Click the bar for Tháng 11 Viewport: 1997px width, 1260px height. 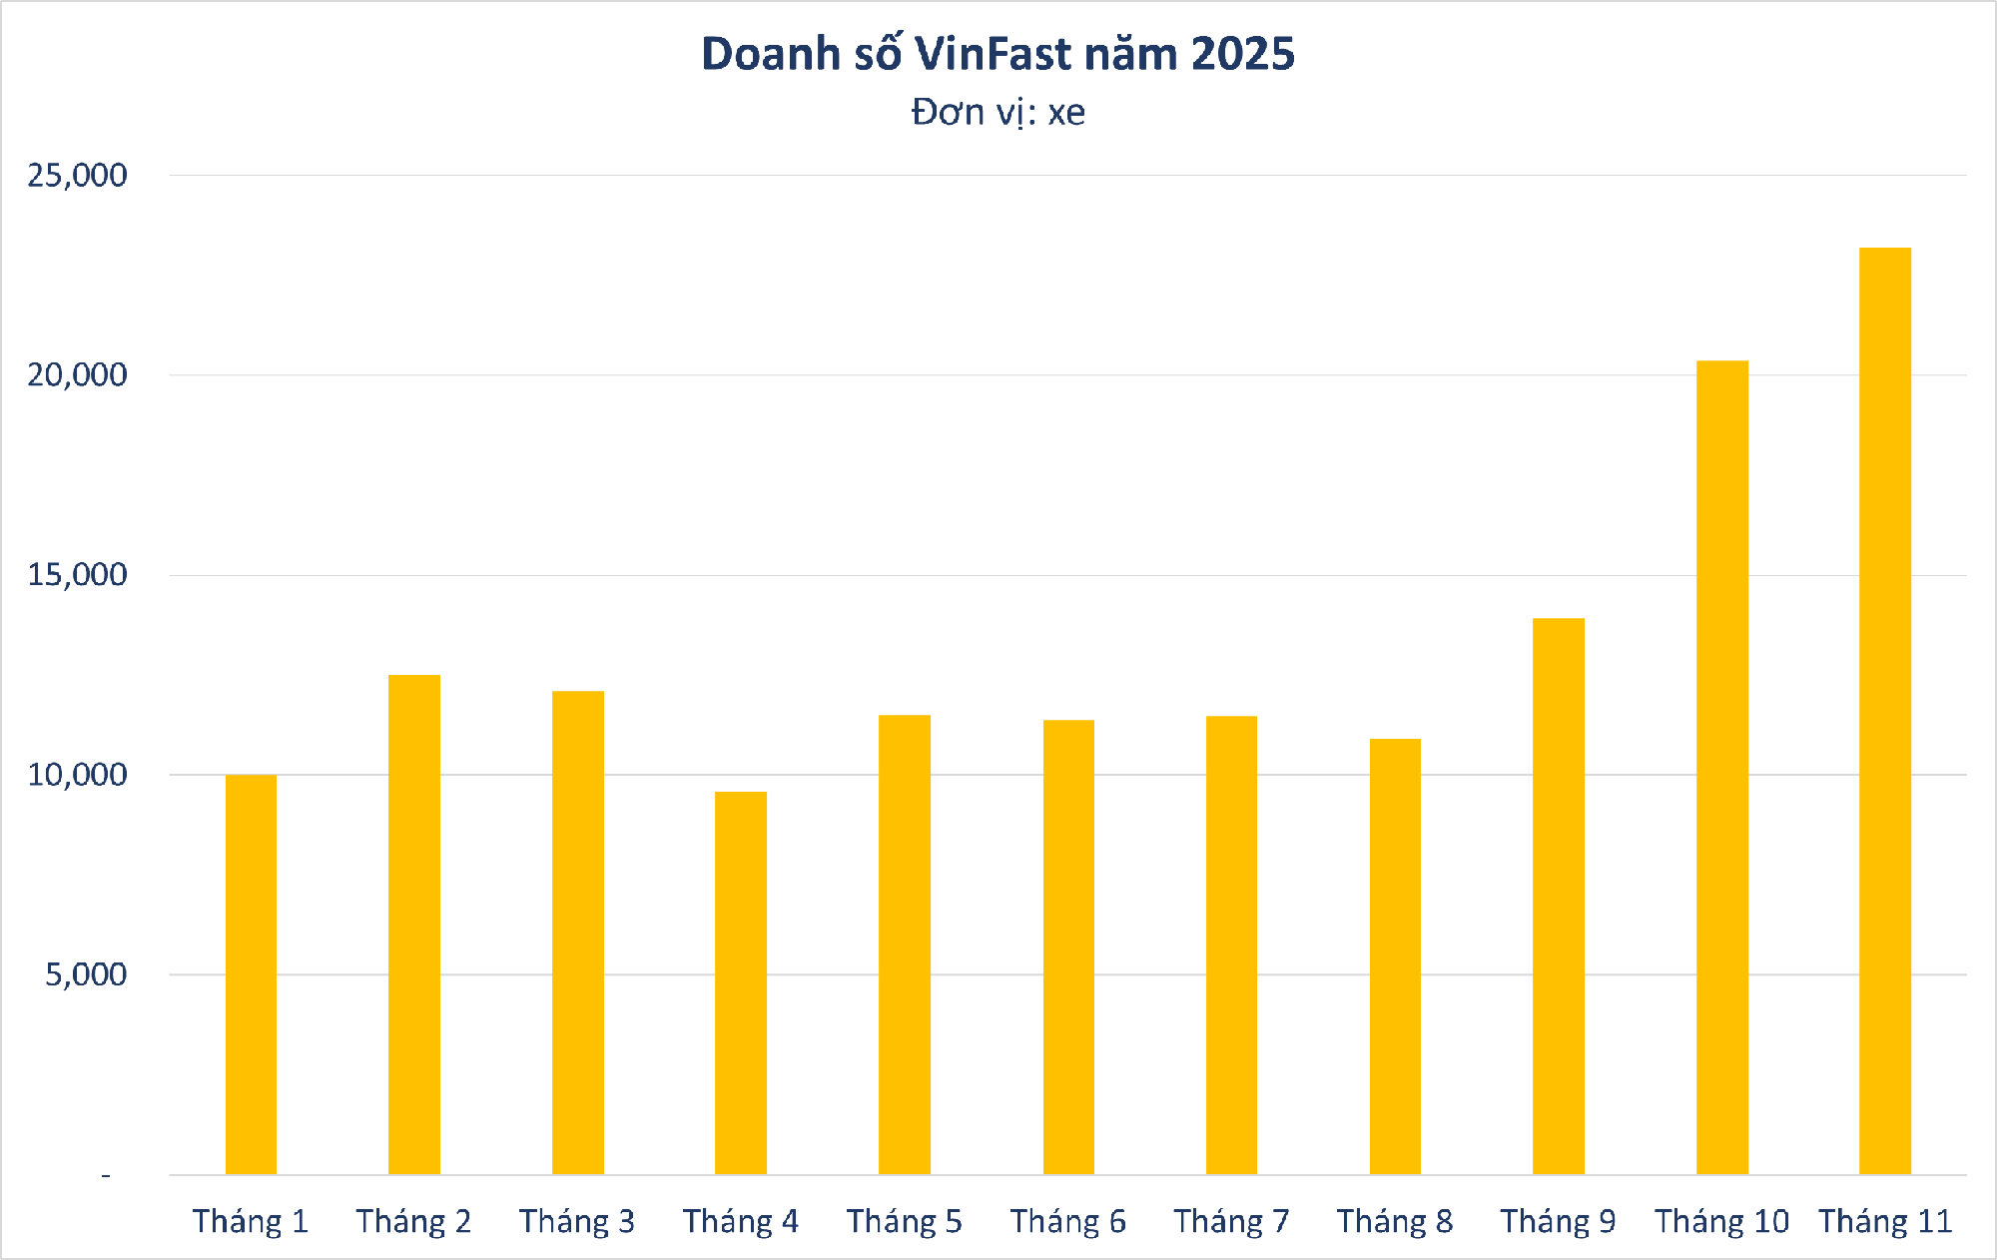1885,711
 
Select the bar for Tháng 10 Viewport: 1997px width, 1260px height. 1721,767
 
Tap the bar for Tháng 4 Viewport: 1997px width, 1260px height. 741,982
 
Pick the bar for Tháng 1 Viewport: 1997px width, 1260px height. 251,974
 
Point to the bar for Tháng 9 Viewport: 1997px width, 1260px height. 1558,896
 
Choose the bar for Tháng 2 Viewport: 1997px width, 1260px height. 414,925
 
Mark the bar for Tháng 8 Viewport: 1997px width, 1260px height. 1395,956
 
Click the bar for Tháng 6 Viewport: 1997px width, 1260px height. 1068,946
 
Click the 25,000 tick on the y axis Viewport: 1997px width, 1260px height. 78,176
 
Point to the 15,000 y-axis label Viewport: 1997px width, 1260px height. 78,575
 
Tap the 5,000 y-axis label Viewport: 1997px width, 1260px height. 86,974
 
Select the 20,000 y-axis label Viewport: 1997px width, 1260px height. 78,375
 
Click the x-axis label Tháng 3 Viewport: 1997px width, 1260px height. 577,1221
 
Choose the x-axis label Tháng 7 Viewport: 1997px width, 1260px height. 1231,1221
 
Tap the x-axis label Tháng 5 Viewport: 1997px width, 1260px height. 905,1221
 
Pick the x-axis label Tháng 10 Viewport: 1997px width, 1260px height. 1721,1221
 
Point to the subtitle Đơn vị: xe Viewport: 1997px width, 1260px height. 998,112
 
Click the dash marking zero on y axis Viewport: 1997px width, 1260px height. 106,1176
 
